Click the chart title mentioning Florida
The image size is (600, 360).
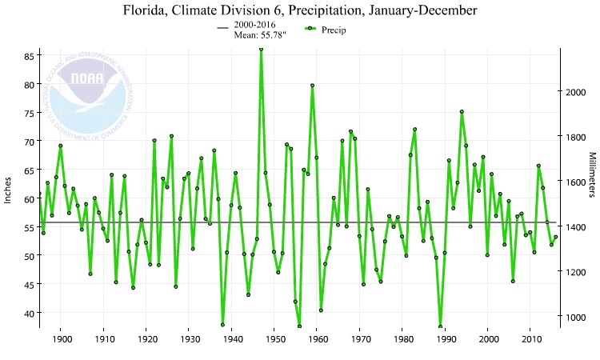point(300,11)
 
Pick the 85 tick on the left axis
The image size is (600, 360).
point(28,56)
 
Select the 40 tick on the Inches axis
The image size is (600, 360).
point(28,314)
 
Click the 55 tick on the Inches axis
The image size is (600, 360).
point(28,228)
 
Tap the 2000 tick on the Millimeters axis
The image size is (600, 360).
point(575,92)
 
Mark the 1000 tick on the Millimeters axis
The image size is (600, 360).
point(575,318)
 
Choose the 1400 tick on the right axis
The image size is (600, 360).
point(575,227)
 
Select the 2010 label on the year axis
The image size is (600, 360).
point(530,340)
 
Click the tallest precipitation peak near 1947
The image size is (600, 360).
point(261,49)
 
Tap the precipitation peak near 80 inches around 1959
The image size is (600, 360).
point(312,85)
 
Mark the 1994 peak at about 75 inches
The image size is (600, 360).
point(462,112)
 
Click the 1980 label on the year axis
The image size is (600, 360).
point(402,340)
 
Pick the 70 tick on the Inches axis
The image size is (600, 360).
point(28,142)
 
